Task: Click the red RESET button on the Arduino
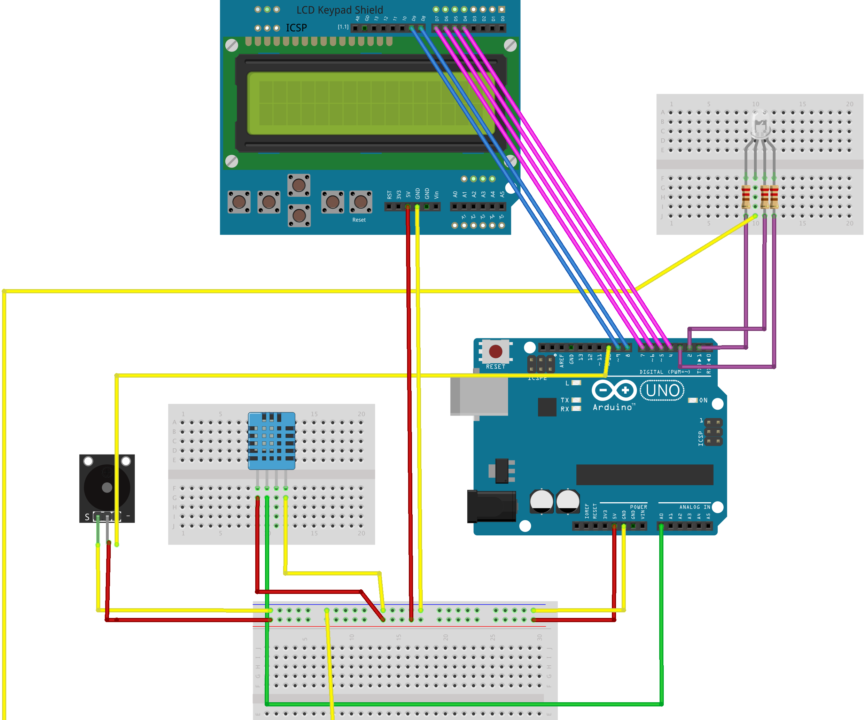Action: point(495,351)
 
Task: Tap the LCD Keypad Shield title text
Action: point(340,10)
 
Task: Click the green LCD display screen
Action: point(370,103)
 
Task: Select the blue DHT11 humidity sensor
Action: point(272,440)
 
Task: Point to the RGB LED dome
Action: point(760,123)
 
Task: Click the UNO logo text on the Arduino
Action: point(662,390)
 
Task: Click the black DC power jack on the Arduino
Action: point(492,506)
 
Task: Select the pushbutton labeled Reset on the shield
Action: point(361,202)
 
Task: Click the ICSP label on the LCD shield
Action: point(296,28)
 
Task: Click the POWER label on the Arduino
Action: point(639,507)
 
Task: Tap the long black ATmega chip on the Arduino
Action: point(645,475)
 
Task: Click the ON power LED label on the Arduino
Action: point(703,400)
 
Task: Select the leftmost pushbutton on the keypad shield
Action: point(239,202)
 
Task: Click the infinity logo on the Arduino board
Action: point(614,390)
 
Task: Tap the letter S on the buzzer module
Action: point(87,517)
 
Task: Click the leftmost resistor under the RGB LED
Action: point(746,197)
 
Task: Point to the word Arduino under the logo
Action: point(612,407)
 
